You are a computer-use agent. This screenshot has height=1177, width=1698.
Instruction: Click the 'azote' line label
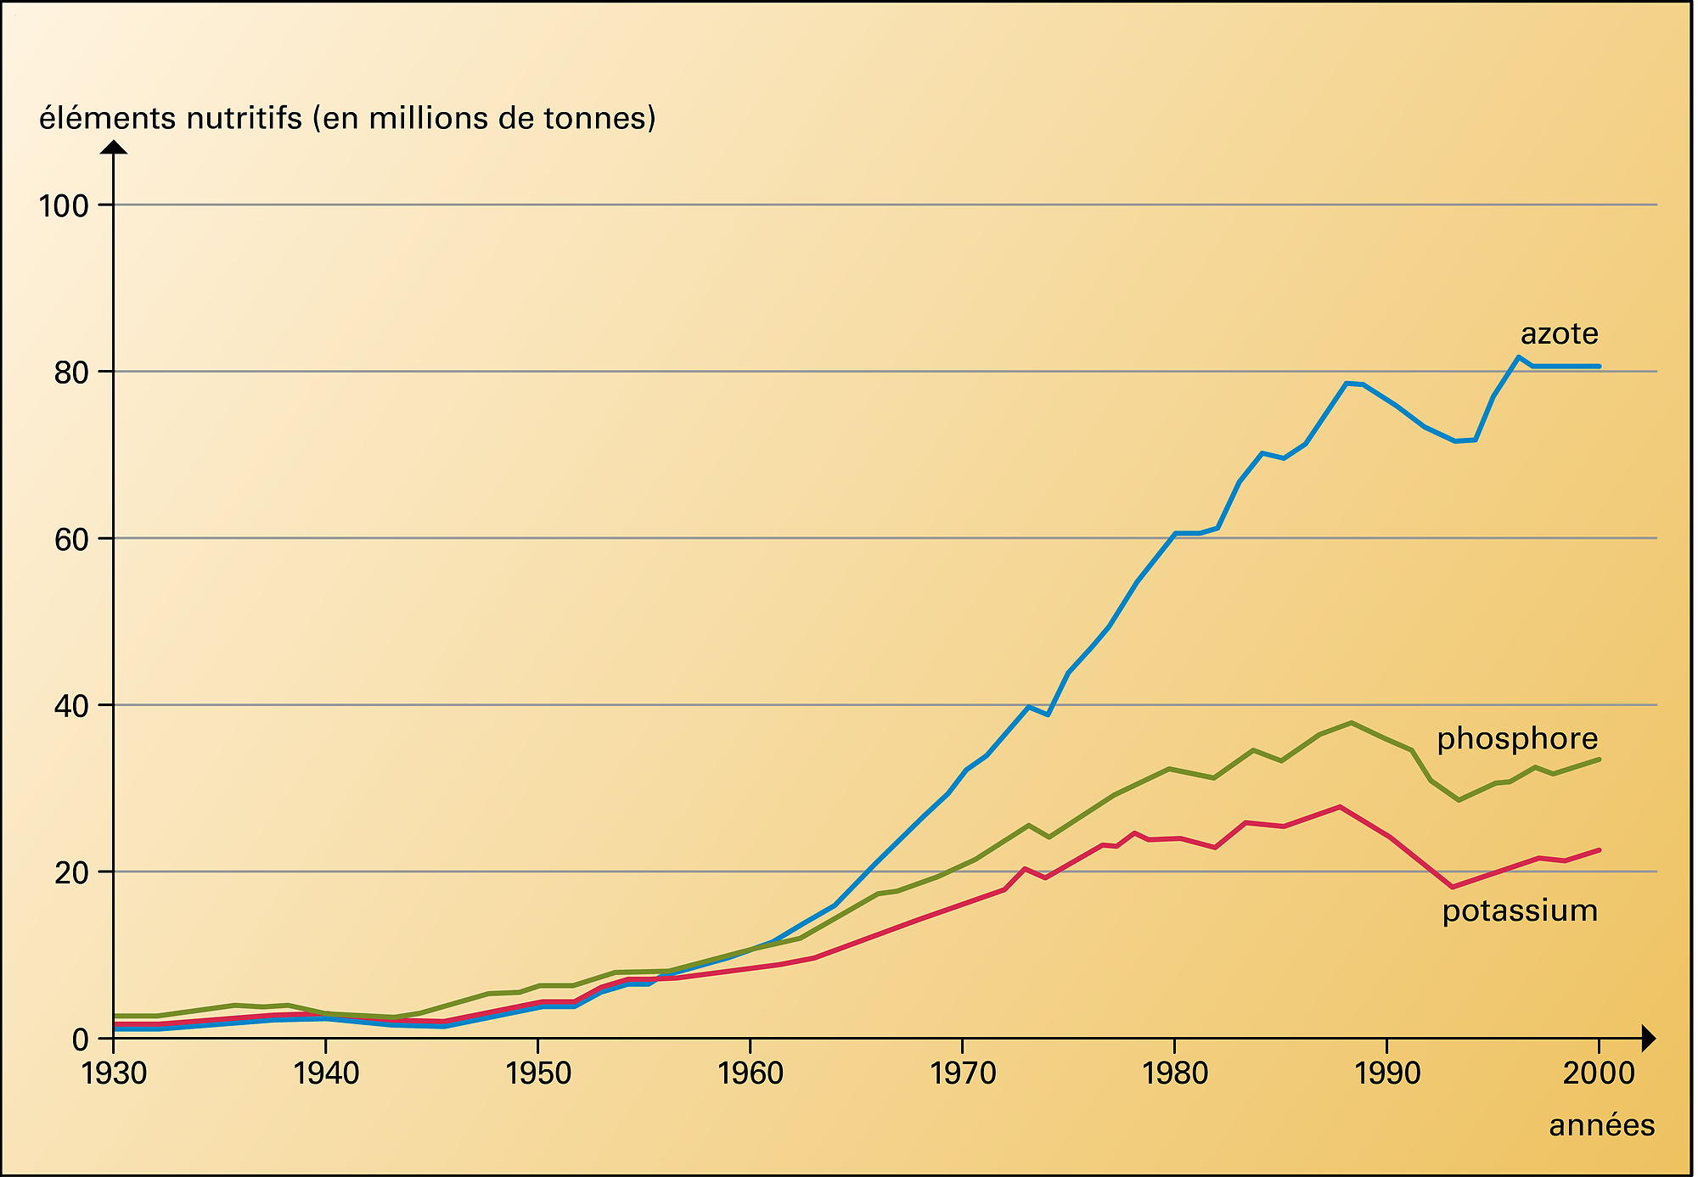click(x=1559, y=334)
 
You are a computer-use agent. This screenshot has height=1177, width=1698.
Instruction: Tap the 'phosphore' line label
click(x=1516, y=739)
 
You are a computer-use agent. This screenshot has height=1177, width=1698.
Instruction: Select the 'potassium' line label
click(x=1520, y=911)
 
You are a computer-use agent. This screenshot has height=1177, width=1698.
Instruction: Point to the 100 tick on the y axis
click(x=64, y=205)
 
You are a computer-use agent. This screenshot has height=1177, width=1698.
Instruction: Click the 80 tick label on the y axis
click(x=72, y=373)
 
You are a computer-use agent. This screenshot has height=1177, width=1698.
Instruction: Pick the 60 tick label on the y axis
click(x=72, y=539)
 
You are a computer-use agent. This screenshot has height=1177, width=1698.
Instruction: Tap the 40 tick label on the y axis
click(x=72, y=706)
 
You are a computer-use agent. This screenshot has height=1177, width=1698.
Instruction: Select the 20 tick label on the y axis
click(x=72, y=872)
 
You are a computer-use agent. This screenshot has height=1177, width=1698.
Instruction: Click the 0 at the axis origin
click(x=82, y=1040)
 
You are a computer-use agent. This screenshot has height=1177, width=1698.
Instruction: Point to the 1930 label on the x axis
click(x=114, y=1074)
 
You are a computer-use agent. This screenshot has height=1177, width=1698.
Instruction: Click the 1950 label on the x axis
click(x=538, y=1074)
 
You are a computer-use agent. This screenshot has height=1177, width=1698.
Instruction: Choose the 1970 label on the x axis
click(x=963, y=1074)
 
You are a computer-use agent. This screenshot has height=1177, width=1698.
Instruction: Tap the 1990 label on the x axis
click(x=1387, y=1074)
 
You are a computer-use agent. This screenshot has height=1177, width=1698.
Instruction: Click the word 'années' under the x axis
click(x=1601, y=1126)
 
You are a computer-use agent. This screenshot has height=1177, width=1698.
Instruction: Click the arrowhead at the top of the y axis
click(x=114, y=147)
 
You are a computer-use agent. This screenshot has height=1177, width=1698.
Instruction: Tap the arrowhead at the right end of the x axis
click(x=1649, y=1038)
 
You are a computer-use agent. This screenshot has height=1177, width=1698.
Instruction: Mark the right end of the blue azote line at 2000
click(x=1600, y=367)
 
